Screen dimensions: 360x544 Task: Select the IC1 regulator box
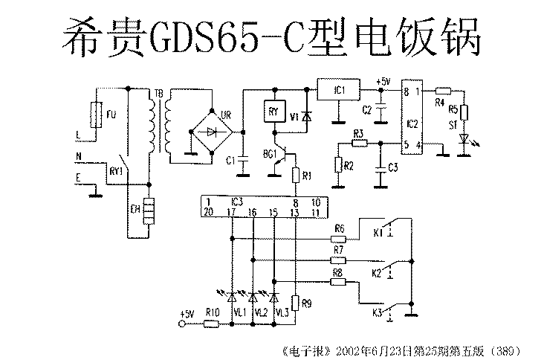(x=338, y=91)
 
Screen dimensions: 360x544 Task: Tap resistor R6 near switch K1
(x=339, y=239)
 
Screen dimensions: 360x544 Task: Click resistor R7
(x=339, y=260)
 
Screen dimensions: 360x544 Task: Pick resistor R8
(x=338, y=281)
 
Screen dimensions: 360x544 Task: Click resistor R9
(x=295, y=302)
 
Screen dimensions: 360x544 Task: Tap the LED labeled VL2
(x=253, y=297)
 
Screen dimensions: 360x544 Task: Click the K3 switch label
(x=377, y=314)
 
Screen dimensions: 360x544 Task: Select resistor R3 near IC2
(x=359, y=143)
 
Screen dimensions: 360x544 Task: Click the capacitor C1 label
(x=230, y=161)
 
